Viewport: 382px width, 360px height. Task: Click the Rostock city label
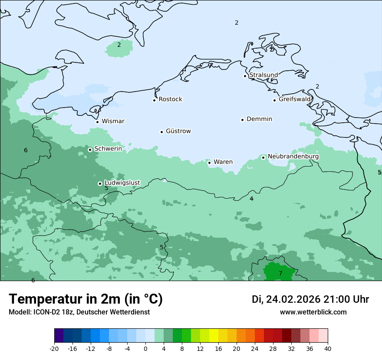click(170, 99)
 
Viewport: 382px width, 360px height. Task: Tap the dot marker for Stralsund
click(245, 76)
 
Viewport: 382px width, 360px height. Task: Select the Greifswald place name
click(295, 99)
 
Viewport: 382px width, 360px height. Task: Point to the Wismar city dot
click(97, 122)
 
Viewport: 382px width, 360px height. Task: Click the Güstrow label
click(178, 131)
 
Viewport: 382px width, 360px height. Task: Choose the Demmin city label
click(259, 119)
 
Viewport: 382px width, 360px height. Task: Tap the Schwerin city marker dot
click(90, 150)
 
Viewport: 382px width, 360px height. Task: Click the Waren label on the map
click(223, 162)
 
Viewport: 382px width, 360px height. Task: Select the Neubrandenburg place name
click(293, 156)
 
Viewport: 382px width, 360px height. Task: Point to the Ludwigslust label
click(122, 183)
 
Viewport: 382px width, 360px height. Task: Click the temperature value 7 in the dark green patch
click(280, 273)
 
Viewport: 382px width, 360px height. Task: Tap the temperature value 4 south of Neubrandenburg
click(251, 199)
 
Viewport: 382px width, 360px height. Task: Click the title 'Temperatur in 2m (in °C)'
click(86, 299)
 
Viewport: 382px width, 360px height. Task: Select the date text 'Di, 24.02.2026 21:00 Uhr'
click(310, 299)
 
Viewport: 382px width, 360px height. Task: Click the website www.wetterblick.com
click(313, 312)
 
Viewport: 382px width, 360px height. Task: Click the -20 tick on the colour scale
click(54, 348)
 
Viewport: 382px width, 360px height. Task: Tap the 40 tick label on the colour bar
click(327, 348)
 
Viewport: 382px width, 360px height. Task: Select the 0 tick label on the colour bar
click(145, 348)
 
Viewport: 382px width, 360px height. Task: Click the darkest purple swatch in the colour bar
click(59, 336)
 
